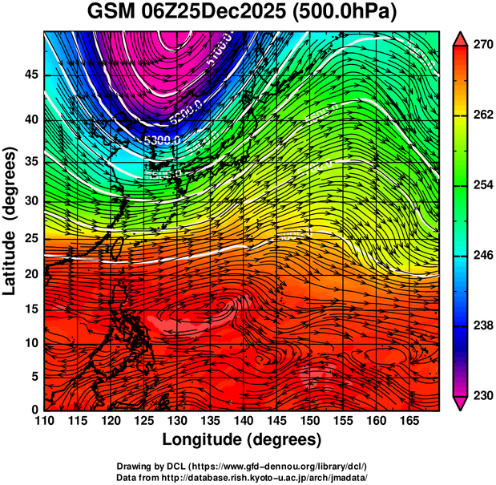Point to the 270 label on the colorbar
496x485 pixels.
[481, 45]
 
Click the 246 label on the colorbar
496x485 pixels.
[481, 256]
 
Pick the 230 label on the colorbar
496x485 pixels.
[481, 395]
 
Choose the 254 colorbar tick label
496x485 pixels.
[481, 185]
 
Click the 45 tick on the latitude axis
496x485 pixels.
[30, 75]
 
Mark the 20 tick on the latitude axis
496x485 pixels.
[30, 273]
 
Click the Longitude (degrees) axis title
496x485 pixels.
[242, 440]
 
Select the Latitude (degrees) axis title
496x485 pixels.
[11, 221]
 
